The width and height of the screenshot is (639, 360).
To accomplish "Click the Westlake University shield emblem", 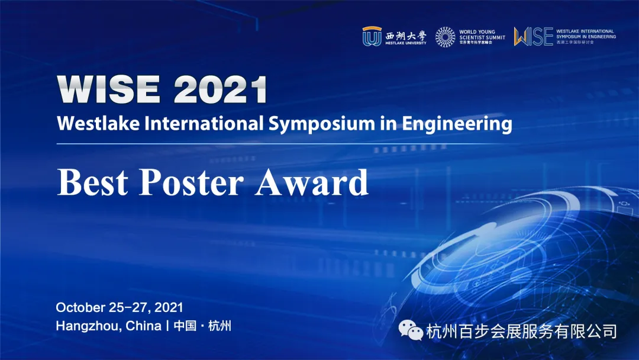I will [372, 36].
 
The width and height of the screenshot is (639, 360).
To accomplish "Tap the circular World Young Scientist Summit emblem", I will [446, 37].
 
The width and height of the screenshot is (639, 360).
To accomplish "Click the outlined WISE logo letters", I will [533, 36].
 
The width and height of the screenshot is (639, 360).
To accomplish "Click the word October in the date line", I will [80, 307].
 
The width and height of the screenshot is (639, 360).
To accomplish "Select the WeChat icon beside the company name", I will [411, 331].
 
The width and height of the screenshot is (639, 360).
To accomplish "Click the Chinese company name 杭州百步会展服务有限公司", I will [521, 331].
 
